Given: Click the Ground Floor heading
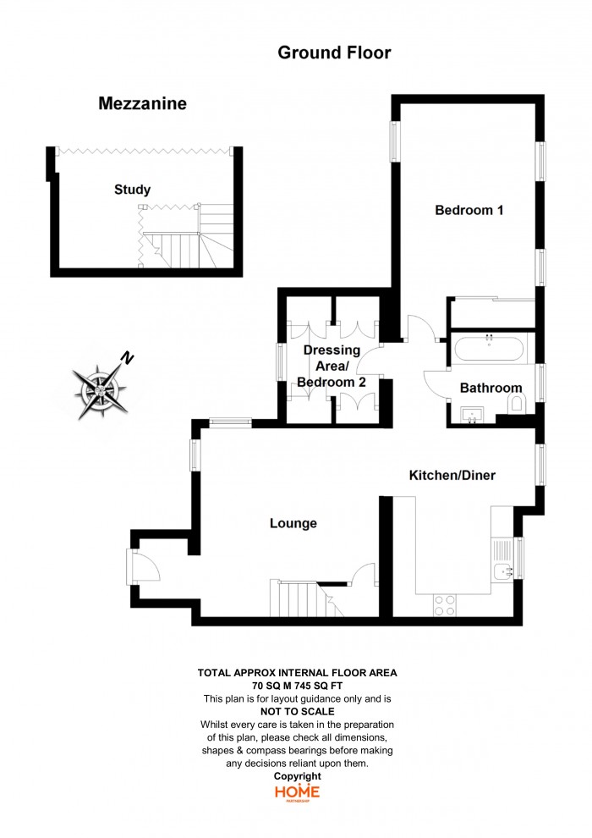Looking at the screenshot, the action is coord(334,52).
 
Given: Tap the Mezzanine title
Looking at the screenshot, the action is coord(143,103).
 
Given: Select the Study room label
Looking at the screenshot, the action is coord(133,190).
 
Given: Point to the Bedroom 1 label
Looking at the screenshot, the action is coord(469,210).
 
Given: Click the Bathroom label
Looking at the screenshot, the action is coord(491,388).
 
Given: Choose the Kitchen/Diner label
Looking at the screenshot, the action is coord(452,475).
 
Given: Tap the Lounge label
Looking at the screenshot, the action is coord(293,523).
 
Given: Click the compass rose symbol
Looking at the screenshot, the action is coord(101,391).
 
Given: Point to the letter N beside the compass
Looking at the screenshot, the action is coord(127,357).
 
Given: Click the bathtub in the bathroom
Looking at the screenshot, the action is coord(490,350).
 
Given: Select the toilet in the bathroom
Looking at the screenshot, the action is coord(516,404).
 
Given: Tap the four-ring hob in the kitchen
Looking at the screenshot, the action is coord(445,605).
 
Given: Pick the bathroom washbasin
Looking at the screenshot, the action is coord(471,415).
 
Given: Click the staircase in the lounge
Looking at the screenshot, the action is coord(306,598).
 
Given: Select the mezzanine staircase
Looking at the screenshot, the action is coord(187,240).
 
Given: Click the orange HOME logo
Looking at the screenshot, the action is coord(298,792).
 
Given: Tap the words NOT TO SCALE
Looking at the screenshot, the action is coord(298,711).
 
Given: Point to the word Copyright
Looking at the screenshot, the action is coord(298,776).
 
